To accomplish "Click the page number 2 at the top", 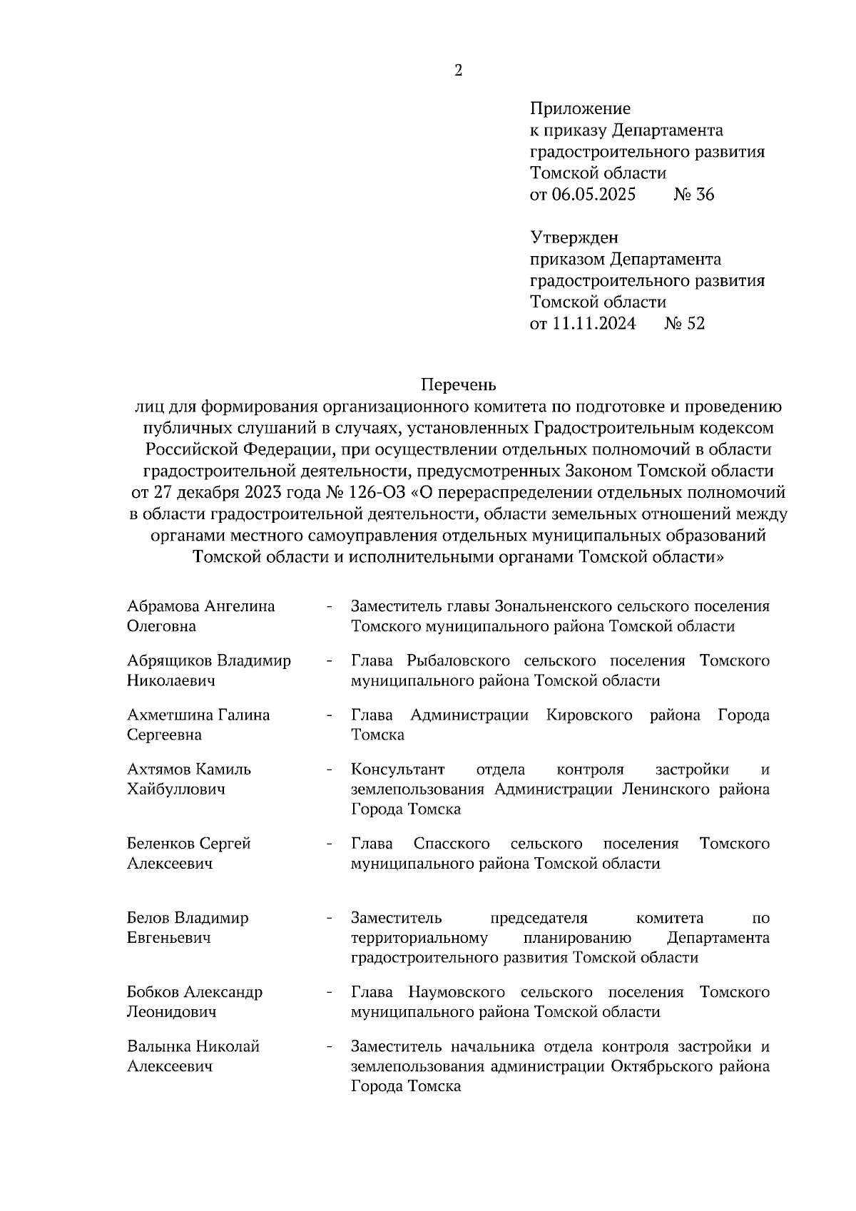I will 458,71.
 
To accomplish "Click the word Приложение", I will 580,109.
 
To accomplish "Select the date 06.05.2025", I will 593,195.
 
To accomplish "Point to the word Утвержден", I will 574,237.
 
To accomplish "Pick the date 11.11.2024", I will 593,324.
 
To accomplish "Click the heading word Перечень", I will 457,385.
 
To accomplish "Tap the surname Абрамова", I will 163,606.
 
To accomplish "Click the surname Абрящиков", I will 170,660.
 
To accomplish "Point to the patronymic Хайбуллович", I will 176,790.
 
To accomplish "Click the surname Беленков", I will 160,844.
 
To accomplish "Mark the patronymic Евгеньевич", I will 169,938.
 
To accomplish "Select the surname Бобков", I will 153,992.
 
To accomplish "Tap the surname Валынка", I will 160,1046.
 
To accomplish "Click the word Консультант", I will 397,770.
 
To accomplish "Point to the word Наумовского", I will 457,992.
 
